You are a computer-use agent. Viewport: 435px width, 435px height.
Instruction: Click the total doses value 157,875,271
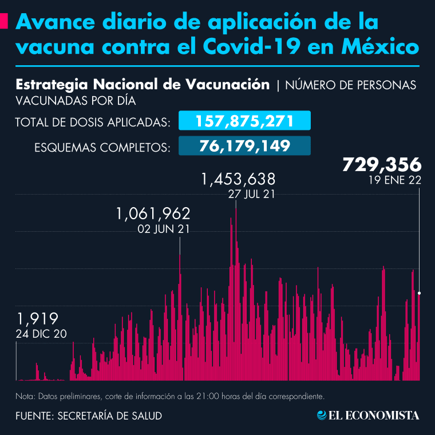244,121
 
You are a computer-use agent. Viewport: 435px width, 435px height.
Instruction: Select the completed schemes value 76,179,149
244,145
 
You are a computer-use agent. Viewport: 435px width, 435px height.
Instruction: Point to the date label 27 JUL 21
251,194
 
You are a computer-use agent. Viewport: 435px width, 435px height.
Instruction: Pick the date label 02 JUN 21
164,229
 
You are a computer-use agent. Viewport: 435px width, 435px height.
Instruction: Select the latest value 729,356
382,165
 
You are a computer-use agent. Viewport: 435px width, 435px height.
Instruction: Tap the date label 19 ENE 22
396,180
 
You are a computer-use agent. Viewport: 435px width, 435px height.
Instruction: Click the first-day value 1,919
37,318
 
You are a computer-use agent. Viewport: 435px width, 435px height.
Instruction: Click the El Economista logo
369,415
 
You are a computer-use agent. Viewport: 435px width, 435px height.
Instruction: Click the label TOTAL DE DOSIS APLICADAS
92,122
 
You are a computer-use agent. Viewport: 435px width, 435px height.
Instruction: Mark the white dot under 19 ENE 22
420,293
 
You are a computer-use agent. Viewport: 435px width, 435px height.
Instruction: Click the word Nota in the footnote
25,396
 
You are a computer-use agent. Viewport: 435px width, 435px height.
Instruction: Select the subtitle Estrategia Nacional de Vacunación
143,85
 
